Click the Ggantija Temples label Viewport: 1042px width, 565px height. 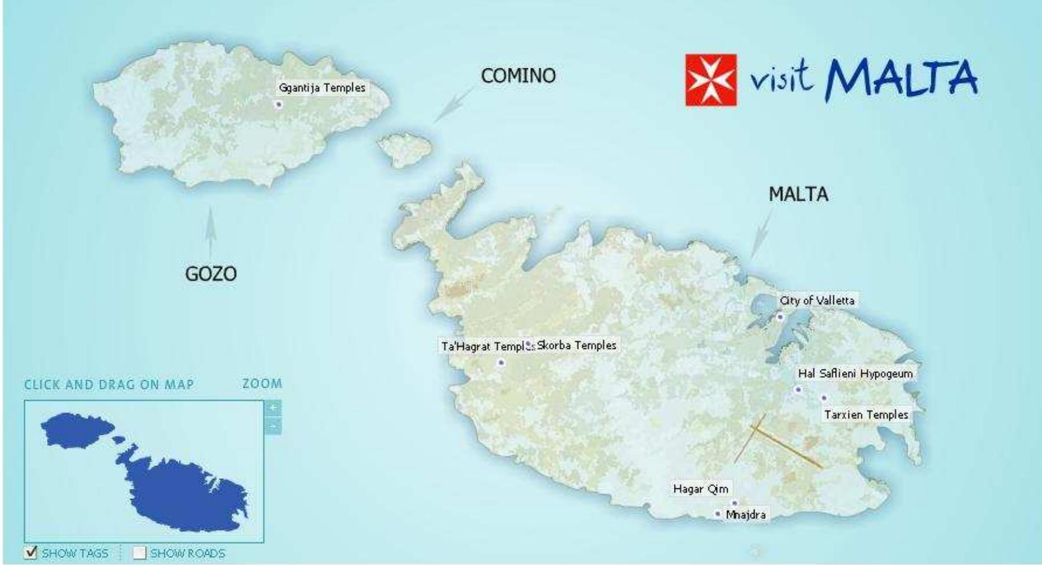tap(322, 88)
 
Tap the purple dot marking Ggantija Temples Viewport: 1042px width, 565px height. tap(279, 104)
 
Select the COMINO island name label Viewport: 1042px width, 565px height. tap(518, 76)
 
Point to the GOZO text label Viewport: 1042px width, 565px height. tap(211, 274)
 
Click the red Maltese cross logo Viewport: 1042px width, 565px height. tap(711, 80)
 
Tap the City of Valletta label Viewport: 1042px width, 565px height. tap(817, 301)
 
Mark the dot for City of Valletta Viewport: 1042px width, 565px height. tap(780, 317)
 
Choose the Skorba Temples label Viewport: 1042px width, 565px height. tap(577, 345)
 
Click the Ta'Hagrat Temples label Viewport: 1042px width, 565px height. tap(485, 347)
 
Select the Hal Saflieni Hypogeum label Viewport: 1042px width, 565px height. tap(855, 373)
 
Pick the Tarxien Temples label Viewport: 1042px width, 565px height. tap(866, 415)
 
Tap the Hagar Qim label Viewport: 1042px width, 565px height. tap(701, 489)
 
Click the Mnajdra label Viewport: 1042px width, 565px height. tap(746, 515)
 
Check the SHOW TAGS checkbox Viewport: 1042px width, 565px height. tap(31, 553)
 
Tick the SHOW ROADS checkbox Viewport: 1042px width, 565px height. tap(139, 553)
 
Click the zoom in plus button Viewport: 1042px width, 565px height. tap(273, 408)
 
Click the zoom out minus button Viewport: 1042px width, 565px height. tap(273, 426)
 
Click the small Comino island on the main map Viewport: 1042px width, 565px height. tap(404, 148)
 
